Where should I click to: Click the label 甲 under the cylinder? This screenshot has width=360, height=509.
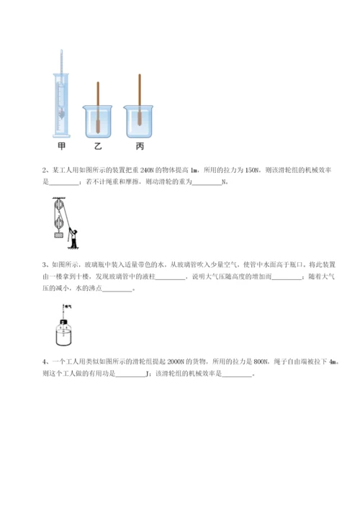point(62,146)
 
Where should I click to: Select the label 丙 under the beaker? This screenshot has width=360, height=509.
point(139,146)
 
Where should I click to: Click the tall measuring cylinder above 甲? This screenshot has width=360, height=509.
point(62,94)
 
